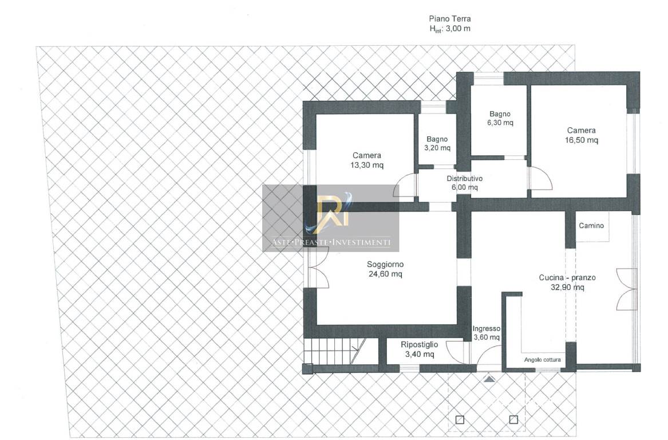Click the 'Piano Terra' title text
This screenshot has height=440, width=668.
click(449, 19)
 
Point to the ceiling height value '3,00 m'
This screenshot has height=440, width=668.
click(458, 29)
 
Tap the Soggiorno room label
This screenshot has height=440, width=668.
click(385, 264)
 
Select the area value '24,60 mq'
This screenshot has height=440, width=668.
click(385, 274)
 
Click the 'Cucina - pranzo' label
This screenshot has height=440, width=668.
click(567, 277)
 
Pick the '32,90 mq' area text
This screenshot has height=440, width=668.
click(567, 288)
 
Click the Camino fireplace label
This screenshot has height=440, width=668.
click(591, 226)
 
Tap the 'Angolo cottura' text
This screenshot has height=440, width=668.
click(542, 360)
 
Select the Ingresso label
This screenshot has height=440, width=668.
click(486, 329)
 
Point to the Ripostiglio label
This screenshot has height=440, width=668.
click(419, 344)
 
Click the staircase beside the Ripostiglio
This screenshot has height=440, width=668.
click(335, 351)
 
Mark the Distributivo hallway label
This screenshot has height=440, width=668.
click(464, 179)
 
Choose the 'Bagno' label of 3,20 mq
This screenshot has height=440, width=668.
click(437, 139)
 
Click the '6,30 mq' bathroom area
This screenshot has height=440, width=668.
click(500, 123)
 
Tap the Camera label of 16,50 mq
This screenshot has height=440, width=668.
click(581, 131)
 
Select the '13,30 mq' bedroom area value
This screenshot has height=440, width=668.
click(367, 166)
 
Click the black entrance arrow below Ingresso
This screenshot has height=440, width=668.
click(489, 379)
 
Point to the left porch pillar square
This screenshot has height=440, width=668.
click(460, 420)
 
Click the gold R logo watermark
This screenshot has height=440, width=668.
click(333, 212)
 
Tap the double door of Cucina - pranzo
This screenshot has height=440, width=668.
click(626, 289)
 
